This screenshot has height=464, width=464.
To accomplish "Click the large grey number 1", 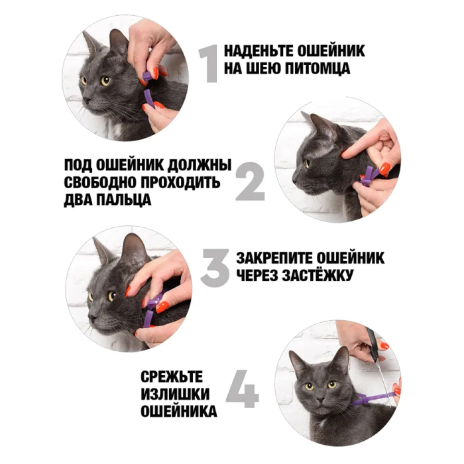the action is tap(209, 64).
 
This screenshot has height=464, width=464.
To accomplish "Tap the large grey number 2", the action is tap(250, 181).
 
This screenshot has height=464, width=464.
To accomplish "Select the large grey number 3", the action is tap(215, 268).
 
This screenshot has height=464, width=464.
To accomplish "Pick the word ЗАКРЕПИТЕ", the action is tap(274, 258).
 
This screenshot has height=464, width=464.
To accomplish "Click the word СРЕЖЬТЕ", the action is tap(172, 377).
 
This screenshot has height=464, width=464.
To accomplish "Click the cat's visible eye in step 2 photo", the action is tap(307, 164).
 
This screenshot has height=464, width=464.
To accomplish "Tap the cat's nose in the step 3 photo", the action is tap(91, 317).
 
